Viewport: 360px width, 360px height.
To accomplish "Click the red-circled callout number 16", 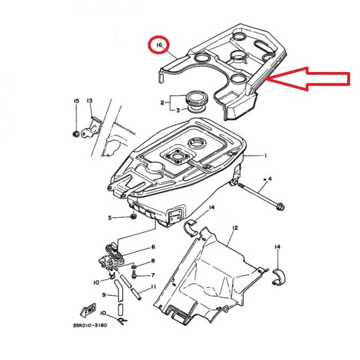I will tap(159, 45).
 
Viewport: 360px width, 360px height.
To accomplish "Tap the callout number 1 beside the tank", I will tap(265, 155).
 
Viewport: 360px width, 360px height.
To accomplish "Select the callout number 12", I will tap(235, 228).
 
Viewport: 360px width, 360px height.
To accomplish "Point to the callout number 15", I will tap(76, 101).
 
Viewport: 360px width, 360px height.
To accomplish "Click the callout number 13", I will tap(90, 101).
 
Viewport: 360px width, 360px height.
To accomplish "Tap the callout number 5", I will tap(110, 217).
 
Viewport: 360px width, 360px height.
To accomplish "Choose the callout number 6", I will tap(153, 247).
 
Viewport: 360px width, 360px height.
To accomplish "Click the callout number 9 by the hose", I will tap(104, 295).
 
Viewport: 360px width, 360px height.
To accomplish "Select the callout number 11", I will tap(153, 287).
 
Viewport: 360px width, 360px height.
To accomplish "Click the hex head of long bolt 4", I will tap(279, 206).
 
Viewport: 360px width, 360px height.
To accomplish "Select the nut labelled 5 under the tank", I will tap(133, 216).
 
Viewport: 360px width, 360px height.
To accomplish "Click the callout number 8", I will tap(153, 261).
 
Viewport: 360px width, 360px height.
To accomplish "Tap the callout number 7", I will tap(153, 275).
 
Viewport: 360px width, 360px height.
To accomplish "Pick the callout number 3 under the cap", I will tap(178, 110).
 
